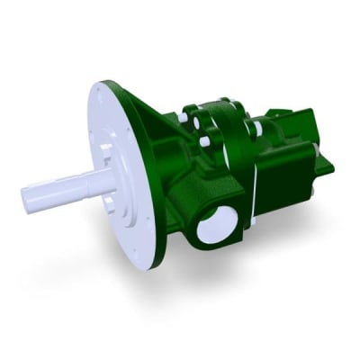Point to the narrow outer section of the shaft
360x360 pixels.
tap(49, 193)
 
